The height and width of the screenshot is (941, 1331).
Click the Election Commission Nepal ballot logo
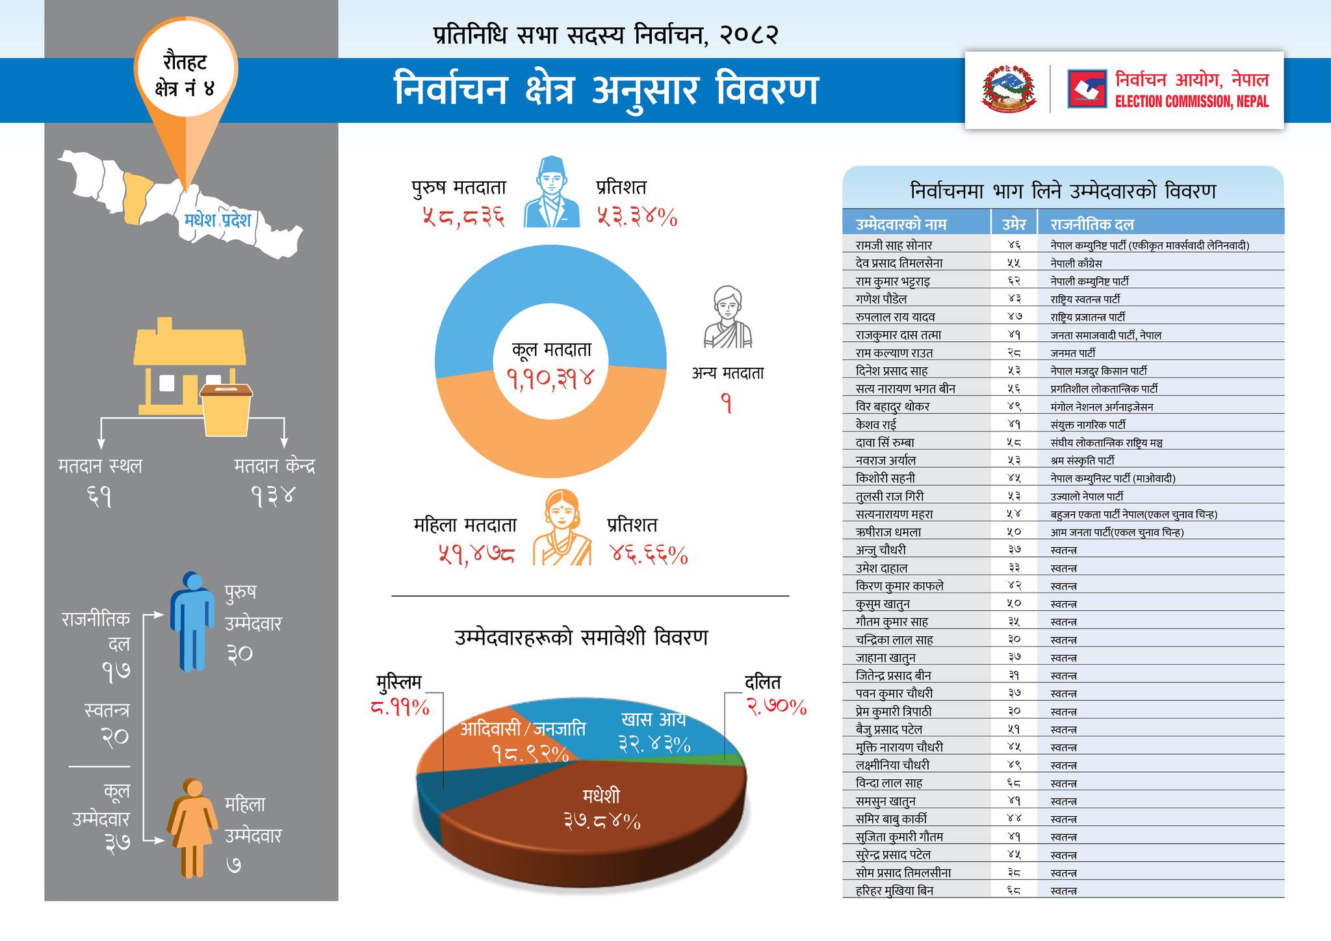point(1087,89)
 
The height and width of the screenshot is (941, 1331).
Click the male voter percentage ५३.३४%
point(637,216)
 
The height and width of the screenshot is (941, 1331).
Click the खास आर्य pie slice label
point(653,720)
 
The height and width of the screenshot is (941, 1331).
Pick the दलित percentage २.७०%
point(776,706)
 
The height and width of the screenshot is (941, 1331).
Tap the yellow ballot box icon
point(226,409)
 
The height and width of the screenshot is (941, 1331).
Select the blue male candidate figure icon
point(192,621)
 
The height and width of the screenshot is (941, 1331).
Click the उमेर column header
point(1013,224)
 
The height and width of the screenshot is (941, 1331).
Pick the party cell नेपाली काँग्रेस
point(1076,263)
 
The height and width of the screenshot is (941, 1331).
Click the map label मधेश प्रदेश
point(217,220)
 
